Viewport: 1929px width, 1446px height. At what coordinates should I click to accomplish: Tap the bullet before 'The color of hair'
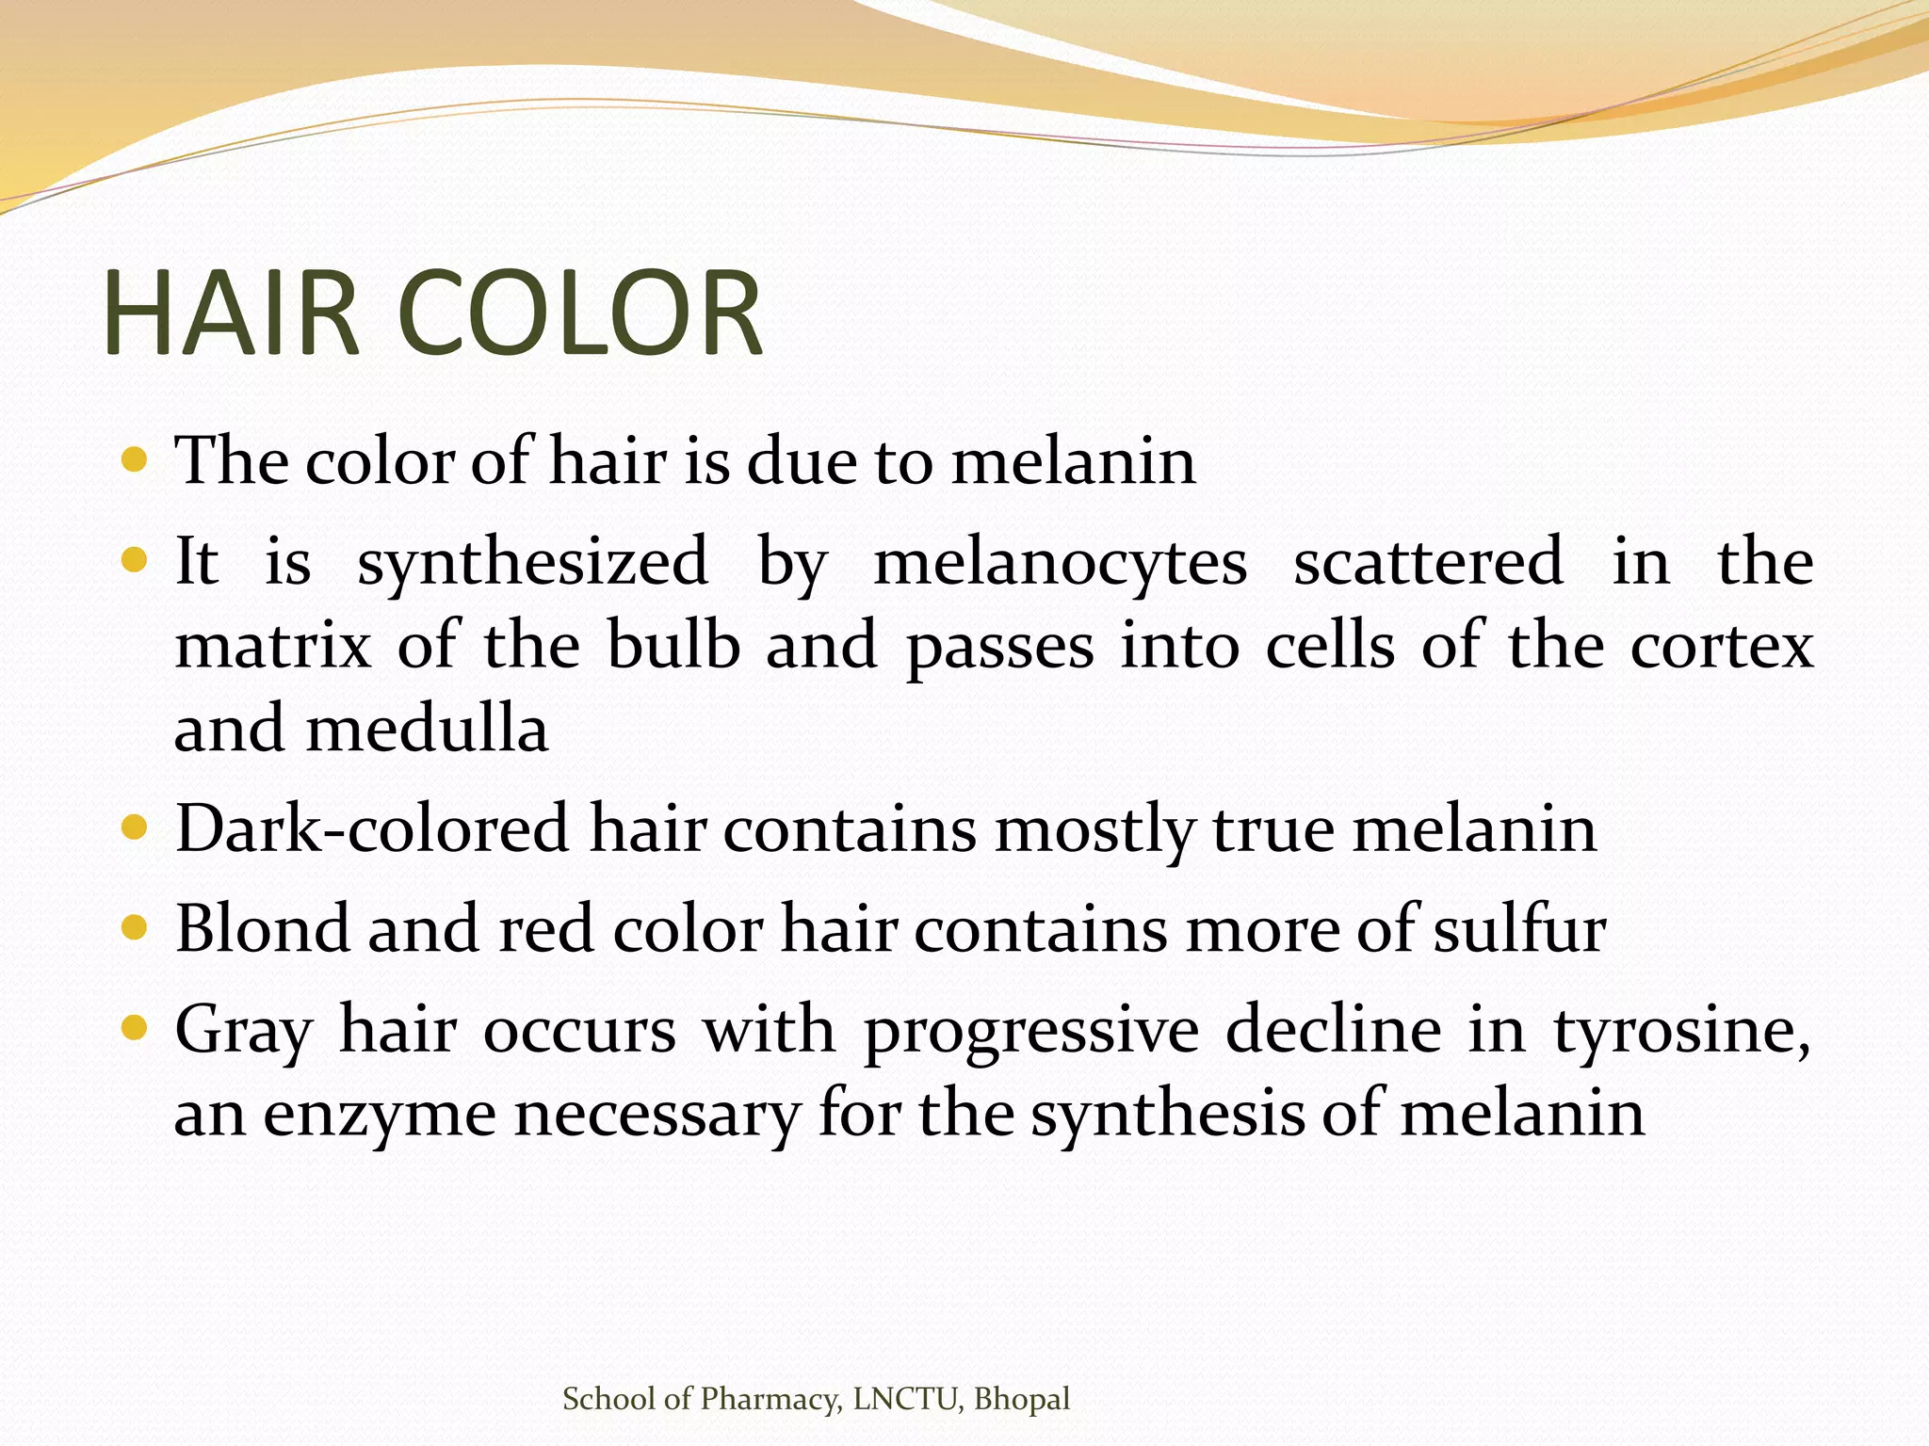135,460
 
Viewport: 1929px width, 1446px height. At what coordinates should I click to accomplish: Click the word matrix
273,646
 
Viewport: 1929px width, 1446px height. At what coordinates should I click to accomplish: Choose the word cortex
1723,646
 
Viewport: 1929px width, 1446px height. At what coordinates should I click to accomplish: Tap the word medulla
428,729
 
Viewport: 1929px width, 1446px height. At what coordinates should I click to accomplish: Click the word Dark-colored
372,828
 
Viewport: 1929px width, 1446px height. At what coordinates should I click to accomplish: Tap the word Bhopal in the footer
1022,1399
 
